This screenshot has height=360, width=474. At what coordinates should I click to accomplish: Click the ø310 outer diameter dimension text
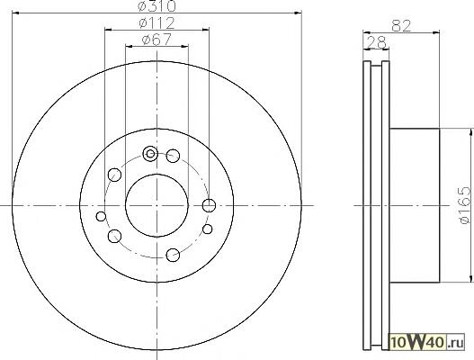pyautogui.click(x=157, y=5)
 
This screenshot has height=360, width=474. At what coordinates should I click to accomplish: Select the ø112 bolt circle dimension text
pyautogui.click(x=157, y=23)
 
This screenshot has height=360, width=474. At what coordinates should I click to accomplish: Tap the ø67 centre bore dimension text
pyautogui.click(x=157, y=40)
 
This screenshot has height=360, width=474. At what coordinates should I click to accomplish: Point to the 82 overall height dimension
pyautogui.click(x=401, y=26)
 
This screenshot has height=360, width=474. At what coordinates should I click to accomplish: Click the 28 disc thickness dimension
pyautogui.click(x=376, y=42)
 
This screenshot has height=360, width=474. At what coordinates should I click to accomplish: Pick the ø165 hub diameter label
pyautogui.click(x=465, y=205)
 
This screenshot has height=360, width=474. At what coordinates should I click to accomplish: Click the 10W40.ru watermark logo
pyautogui.click(x=427, y=343)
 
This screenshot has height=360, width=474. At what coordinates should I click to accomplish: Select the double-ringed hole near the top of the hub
pyautogui.click(x=150, y=154)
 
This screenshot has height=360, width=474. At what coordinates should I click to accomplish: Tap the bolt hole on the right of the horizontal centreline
pyautogui.click(x=209, y=206)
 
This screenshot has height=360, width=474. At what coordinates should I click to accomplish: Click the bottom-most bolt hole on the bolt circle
pyautogui.click(x=173, y=255)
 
